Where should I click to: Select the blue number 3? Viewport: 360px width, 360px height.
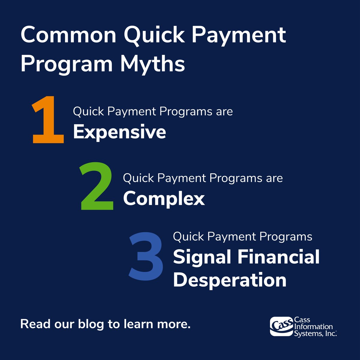(147, 257)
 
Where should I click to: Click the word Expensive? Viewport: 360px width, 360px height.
(119, 132)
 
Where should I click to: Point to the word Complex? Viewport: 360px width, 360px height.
(164, 199)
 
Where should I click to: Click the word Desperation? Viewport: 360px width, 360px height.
(229, 280)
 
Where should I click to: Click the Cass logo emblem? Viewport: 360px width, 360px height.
(281, 326)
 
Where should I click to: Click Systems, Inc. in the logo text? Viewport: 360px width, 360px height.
(315, 333)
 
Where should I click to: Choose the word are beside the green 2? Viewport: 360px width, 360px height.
(274, 178)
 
